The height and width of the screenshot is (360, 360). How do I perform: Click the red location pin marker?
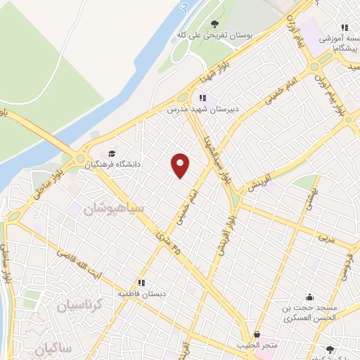click(181, 165)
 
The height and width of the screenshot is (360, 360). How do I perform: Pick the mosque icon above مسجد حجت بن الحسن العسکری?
click(310, 297)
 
